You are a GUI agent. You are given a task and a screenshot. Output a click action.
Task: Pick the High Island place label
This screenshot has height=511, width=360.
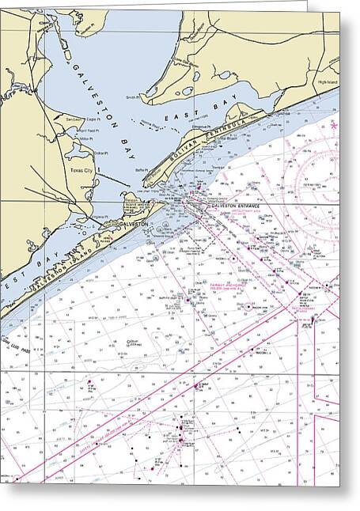(329, 82)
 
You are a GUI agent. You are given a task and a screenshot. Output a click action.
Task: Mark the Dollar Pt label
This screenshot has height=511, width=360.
(100, 153)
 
